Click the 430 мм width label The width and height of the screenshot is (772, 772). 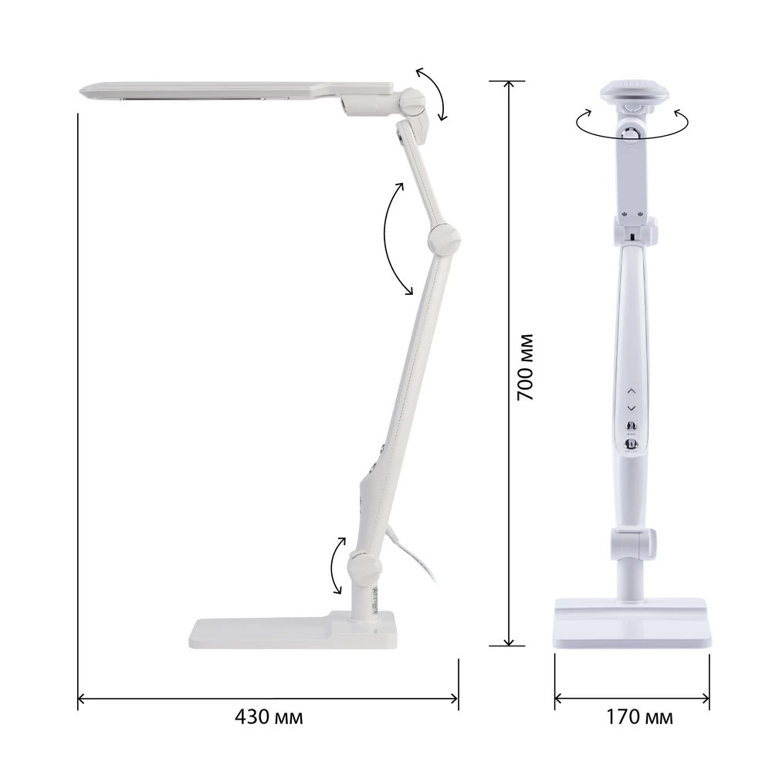pyautogui.click(x=269, y=717)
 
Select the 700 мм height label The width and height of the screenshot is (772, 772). pyautogui.click(x=525, y=367)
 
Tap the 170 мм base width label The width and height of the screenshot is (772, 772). pyautogui.click(x=638, y=717)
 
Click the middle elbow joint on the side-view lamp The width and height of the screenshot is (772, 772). pyautogui.click(x=444, y=239)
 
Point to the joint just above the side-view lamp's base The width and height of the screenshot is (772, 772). pyautogui.click(x=365, y=567)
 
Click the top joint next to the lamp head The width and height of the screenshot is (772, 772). pyautogui.click(x=411, y=102)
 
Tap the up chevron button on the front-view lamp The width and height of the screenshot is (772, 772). pyautogui.click(x=631, y=391)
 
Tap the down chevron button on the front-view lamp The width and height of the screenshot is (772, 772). pyautogui.click(x=631, y=408)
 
